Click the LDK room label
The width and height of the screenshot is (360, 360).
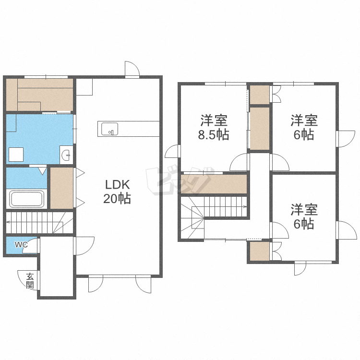pyautogui.click(x=117, y=184)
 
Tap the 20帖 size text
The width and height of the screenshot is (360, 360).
pyautogui.click(x=117, y=199)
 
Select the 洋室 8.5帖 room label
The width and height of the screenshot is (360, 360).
pyautogui.click(x=214, y=127)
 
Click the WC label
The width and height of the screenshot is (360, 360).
pyautogui.click(x=21, y=244)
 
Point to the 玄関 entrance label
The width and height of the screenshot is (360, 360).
pyautogui.click(x=30, y=281)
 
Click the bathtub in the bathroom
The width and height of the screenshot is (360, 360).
pyautogui.click(x=26, y=199)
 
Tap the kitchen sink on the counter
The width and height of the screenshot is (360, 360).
pyautogui.click(x=110, y=129)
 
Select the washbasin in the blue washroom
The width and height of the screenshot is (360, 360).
pyautogui.click(x=67, y=155)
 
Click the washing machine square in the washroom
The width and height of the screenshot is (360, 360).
pyautogui.click(x=16, y=155)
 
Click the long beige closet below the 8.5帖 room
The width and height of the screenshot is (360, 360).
pyautogui.click(x=214, y=184)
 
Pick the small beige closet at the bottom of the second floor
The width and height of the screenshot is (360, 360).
pyautogui.click(x=259, y=251)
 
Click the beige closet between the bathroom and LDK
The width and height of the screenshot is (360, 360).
pyautogui.click(x=62, y=188)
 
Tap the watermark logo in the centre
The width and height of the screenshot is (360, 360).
pyautogui.click(x=179, y=180)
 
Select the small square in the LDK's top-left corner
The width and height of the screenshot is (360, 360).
pyautogui.click(x=84, y=87)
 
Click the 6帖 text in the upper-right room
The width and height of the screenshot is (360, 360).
pyautogui.click(x=304, y=134)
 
